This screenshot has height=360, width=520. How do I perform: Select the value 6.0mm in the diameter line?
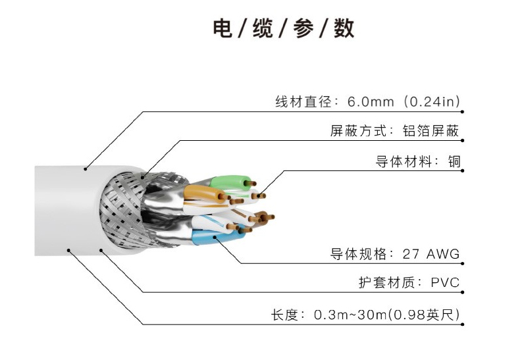tap(371, 102)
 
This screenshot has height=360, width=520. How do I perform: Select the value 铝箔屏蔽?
tap(431, 131)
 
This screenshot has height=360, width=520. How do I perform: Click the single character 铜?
tap(453, 161)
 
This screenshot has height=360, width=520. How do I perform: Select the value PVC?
tap(445, 284)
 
